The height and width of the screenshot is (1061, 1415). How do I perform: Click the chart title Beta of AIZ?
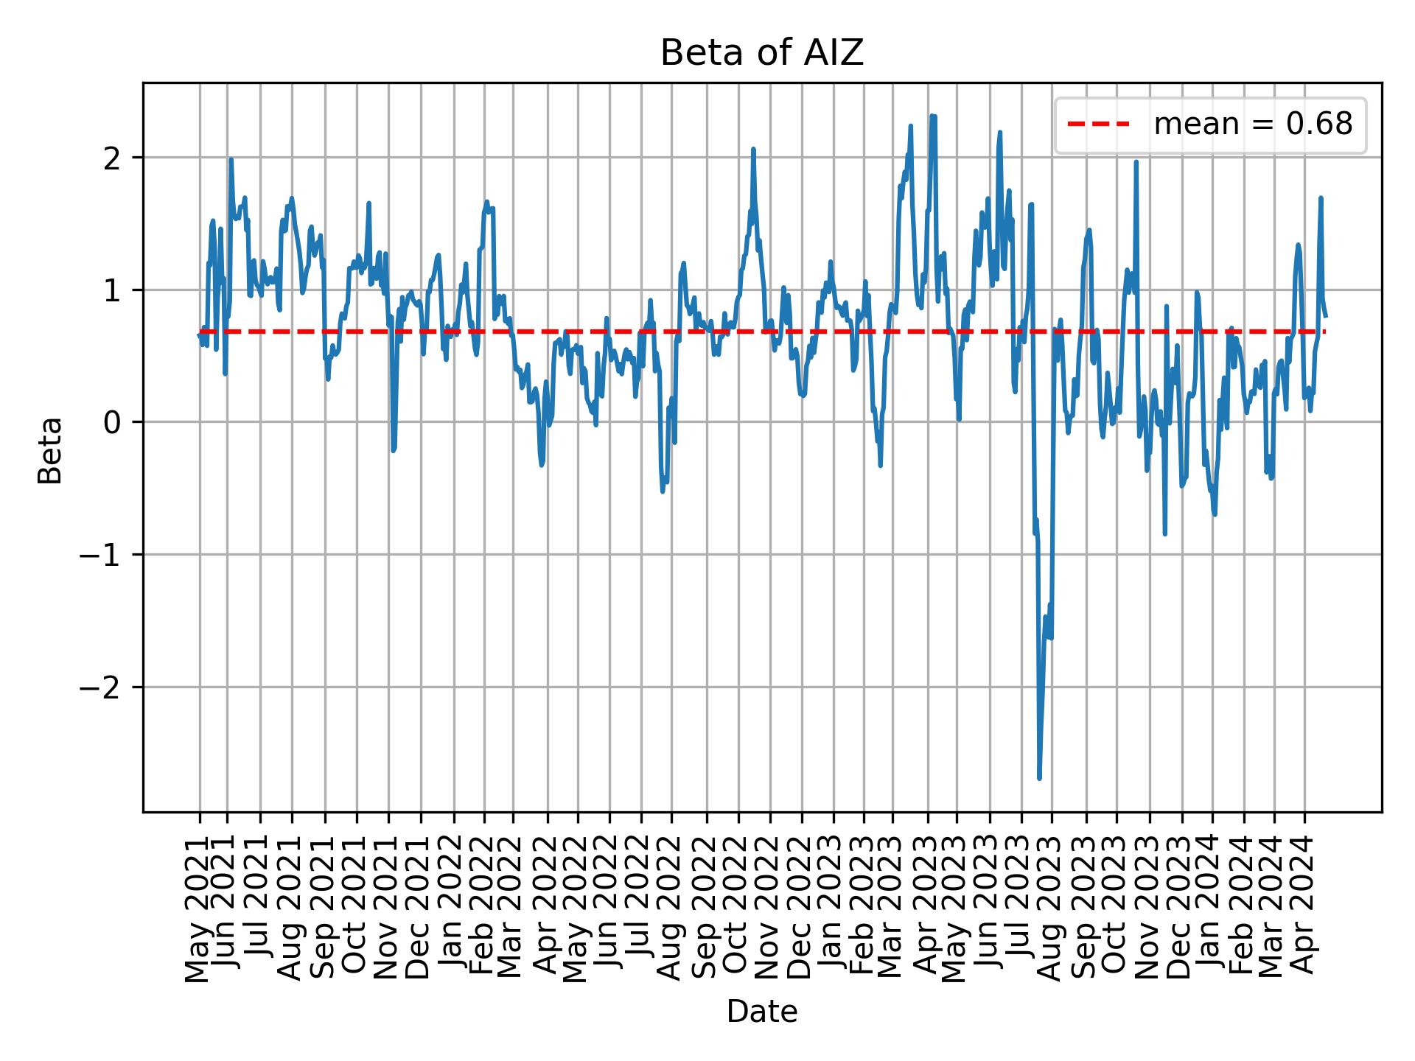tap(761, 53)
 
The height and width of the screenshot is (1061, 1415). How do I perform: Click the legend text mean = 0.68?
tap(1253, 125)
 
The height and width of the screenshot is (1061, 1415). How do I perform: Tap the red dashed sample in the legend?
tap(1099, 125)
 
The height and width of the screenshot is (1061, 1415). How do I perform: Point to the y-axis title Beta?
tap(50, 450)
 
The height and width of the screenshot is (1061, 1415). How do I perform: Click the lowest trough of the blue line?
tap(1039, 778)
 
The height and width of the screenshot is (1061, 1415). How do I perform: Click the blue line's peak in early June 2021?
tap(231, 159)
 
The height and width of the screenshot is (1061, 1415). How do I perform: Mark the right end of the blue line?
tap(1326, 316)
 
